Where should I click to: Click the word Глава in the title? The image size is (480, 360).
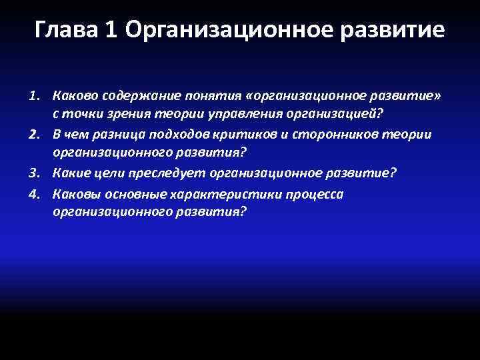(64, 30)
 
